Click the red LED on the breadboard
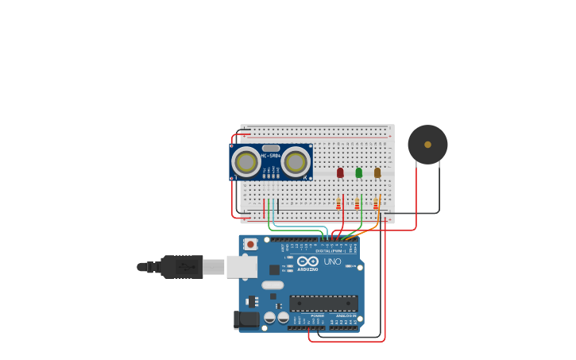click(x=340, y=172)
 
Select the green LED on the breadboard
click(x=359, y=172)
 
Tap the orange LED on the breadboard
click(x=377, y=172)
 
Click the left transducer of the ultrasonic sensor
click(x=245, y=162)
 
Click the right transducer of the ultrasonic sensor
click(x=296, y=162)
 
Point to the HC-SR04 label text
click(x=271, y=155)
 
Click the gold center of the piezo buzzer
click(x=427, y=145)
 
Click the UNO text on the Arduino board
click(x=332, y=261)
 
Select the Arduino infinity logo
click(x=308, y=261)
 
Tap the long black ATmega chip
click(x=323, y=303)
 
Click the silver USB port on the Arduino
click(x=242, y=267)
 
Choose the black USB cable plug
click(x=182, y=267)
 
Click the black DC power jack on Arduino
click(x=247, y=319)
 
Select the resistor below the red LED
click(x=338, y=204)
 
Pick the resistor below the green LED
click(x=358, y=204)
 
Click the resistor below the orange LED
click(x=376, y=204)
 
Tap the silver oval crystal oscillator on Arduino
click(x=273, y=285)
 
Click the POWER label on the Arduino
click(x=317, y=315)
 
